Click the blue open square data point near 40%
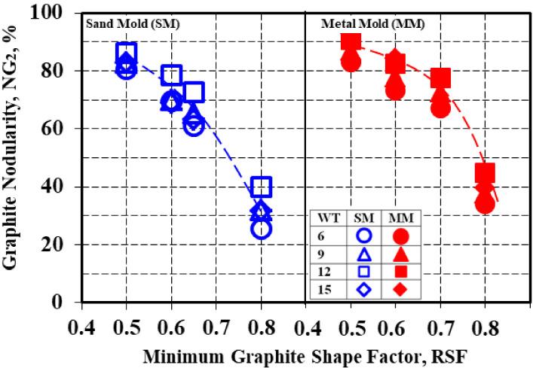pyautogui.click(x=261, y=186)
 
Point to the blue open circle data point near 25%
pyautogui.click(x=261, y=229)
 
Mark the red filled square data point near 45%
pyautogui.click(x=485, y=172)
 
